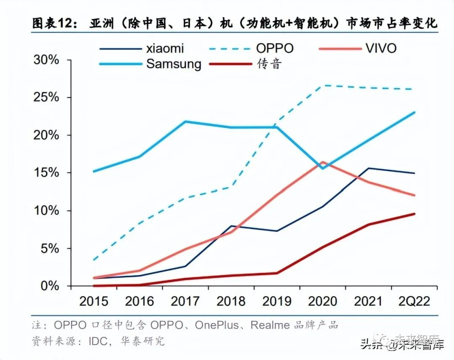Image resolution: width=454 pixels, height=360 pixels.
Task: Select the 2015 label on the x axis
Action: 93,301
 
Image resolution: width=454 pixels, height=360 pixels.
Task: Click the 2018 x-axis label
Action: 231,301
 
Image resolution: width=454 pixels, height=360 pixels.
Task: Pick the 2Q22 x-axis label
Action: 414,301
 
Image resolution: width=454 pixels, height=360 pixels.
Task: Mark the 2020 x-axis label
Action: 323,301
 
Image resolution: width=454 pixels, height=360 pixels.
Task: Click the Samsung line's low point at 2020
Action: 323,168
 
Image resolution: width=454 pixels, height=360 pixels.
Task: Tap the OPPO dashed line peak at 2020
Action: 323,85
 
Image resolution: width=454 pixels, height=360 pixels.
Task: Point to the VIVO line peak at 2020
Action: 323,162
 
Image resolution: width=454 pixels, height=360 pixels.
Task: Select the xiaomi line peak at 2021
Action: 369,168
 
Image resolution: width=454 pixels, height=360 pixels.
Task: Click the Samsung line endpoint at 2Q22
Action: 414,112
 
